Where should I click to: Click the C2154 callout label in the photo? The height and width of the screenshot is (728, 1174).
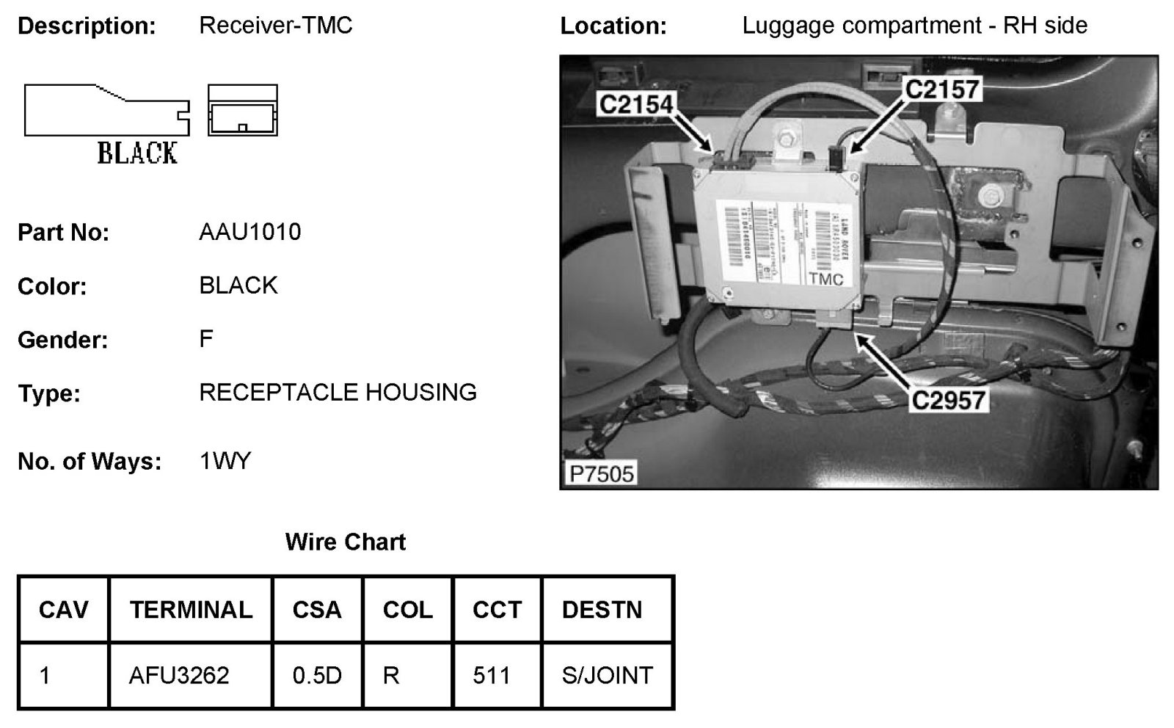pos(635,104)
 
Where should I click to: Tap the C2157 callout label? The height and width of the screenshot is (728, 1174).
pos(942,90)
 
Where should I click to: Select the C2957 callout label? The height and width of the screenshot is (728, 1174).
pos(948,400)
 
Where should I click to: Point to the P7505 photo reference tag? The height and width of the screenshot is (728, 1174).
pos(601,473)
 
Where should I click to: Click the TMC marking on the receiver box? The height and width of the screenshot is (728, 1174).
pos(826,279)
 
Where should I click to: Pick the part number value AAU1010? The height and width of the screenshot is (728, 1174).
pos(249,232)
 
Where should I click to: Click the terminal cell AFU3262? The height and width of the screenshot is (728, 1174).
pos(179,674)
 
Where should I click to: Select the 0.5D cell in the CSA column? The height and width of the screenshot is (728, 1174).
pos(317,674)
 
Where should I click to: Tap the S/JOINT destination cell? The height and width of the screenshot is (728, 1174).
pos(607,674)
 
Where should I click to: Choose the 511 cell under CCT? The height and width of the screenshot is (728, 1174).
pos(491,674)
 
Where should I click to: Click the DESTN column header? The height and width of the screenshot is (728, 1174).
pos(602,610)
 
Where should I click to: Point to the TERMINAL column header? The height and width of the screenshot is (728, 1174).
pos(191,610)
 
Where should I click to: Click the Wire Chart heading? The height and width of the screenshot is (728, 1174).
pos(345,542)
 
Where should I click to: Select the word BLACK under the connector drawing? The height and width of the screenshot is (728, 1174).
pos(137,153)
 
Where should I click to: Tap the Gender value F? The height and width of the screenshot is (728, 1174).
pos(206,338)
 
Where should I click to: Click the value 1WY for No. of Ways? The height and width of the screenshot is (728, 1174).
pos(225,461)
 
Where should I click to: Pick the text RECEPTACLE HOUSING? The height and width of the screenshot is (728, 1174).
pos(338,393)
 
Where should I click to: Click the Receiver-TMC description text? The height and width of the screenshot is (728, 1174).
pos(276,26)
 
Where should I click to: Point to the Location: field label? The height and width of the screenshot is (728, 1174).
pos(613,26)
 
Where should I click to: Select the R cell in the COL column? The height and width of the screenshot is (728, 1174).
pos(391,674)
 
